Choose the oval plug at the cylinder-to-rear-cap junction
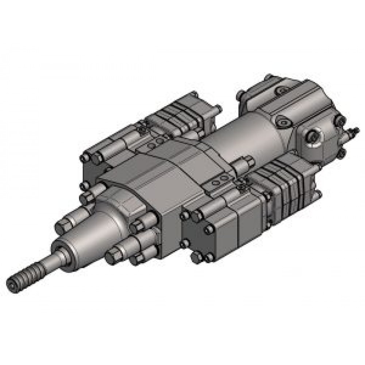point(283,120)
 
